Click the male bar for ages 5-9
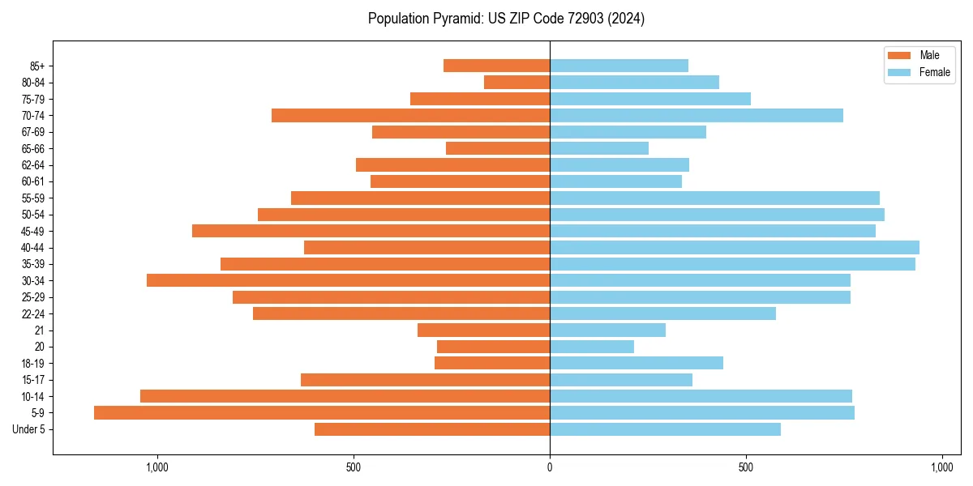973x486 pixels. [x=322, y=413]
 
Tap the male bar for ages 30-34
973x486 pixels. [x=348, y=280]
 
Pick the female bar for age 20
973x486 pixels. [x=592, y=347]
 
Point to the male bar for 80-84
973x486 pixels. [x=517, y=83]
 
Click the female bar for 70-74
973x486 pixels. [x=697, y=116]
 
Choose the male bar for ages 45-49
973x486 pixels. [x=371, y=231]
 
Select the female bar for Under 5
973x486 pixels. [x=665, y=429]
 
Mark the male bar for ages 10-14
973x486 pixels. [x=345, y=396]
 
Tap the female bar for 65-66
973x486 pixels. [x=599, y=148]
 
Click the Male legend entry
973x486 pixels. [x=917, y=55]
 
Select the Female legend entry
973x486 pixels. [x=917, y=72]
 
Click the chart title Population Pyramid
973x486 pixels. [x=506, y=19]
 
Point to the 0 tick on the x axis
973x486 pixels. [x=550, y=467]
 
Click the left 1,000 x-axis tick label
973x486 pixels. [x=156, y=467]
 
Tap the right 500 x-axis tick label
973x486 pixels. [x=746, y=467]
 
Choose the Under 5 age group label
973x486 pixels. [x=28, y=429]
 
